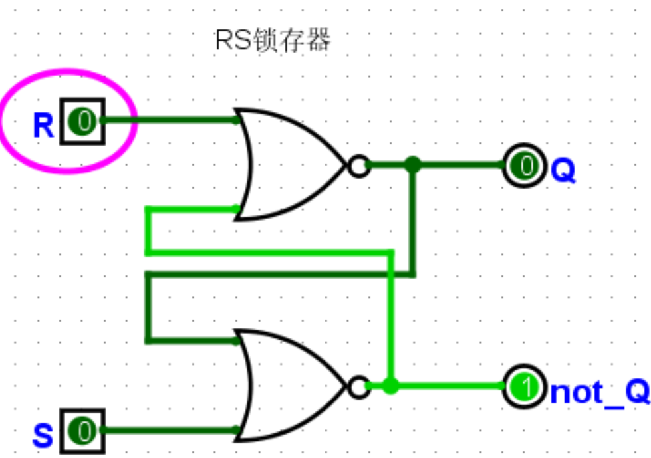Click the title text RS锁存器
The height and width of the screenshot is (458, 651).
(273, 41)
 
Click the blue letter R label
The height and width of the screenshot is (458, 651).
(43, 125)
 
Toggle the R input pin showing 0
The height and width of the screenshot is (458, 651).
(83, 121)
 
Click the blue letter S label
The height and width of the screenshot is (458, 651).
(43, 437)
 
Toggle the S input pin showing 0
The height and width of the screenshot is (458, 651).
(83, 431)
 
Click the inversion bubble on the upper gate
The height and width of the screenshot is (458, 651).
(358, 166)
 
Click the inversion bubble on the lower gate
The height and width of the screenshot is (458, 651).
(358, 386)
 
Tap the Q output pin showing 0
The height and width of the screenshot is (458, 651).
(525, 166)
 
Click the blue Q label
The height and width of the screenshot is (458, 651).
(563, 172)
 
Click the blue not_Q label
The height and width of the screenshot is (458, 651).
(598, 393)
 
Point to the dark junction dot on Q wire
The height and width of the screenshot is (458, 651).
(413, 165)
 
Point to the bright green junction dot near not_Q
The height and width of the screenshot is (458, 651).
(391, 386)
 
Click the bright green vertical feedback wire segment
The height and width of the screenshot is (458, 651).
(392, 319)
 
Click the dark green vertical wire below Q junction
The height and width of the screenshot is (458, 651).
(414, 219)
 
